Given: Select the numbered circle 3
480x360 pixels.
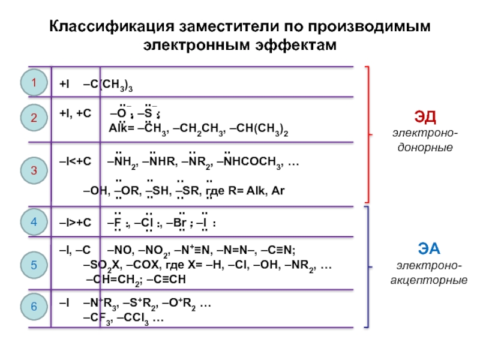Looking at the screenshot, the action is pos(34,172).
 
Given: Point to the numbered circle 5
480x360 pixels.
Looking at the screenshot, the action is pos(34,263).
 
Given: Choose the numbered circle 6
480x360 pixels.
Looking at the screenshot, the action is pos(34,306).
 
